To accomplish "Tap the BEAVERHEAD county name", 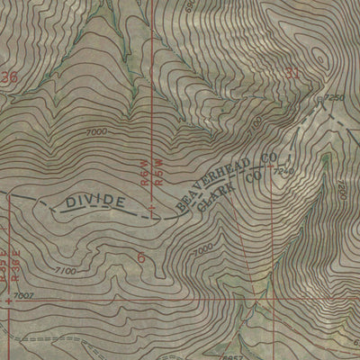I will (210, 184).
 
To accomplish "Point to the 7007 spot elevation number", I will (24, 295).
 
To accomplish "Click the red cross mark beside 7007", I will (8, 301).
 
